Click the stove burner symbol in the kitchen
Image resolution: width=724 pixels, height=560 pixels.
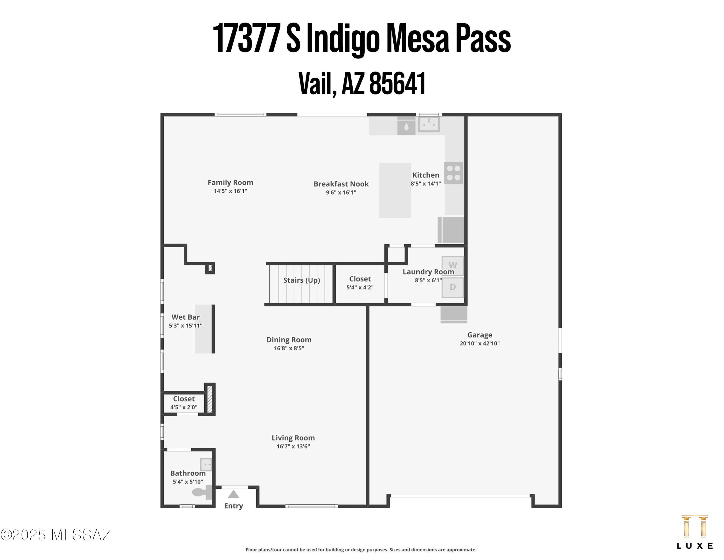tap(453, 173)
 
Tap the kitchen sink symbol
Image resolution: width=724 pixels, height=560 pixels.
tap(429, 125)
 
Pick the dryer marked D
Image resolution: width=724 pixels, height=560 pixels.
tap(452, 287)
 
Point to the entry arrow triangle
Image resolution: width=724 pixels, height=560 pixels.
tap(233, 494)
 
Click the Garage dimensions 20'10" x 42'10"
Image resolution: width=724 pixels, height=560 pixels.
tap(479, 343)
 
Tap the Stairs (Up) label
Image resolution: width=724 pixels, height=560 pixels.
tap(301, 280)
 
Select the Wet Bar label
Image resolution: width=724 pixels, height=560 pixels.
tap(185, 317)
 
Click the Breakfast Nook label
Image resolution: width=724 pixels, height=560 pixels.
tap(341, 184)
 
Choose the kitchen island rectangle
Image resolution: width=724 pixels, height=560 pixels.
tap(395, 190)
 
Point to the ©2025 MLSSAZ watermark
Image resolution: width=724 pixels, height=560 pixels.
tap(56, 535)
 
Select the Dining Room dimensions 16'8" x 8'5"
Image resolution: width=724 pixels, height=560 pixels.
tap(289, 348)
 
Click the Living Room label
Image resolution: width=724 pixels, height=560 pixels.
tap(293, 438)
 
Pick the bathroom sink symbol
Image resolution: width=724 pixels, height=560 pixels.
tap(206, 465)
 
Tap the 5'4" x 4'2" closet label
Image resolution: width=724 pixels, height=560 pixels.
tap(360, 287)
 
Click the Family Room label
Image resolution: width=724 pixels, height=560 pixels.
tap(230, 182)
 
